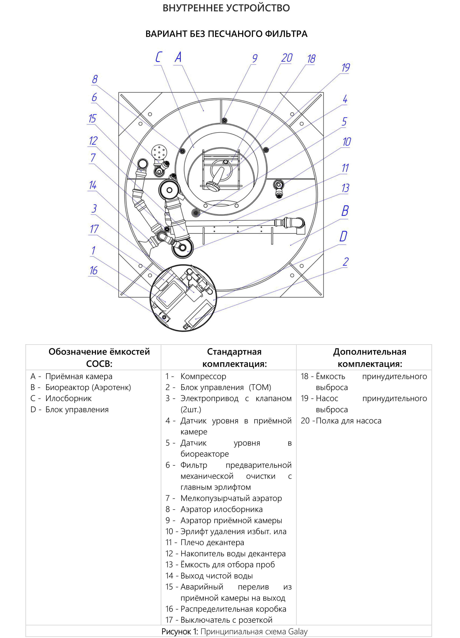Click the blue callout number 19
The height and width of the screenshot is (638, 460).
[346, 68]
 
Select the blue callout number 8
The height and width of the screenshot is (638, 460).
[95, 79]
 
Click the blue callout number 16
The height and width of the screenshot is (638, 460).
[93, 271]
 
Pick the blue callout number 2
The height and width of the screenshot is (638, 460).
[346, 262]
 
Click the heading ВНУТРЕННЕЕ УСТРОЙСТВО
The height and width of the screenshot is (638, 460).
[226, 8]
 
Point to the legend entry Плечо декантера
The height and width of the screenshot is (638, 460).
[212, 542]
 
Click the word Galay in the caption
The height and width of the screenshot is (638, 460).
[298, 632]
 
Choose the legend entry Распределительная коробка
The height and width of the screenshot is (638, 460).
[233, 609]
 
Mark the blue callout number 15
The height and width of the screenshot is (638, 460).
[92, 118]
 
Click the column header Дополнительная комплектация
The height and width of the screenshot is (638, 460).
[370, 357]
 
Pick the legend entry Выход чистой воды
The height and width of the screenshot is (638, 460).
[217, 576]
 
